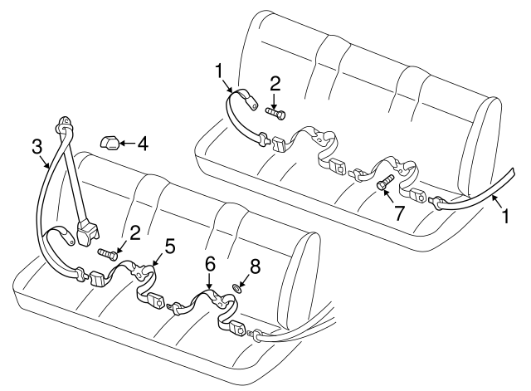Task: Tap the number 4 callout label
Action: [143, 144]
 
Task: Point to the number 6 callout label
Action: [210, 264]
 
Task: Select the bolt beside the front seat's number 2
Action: [106, 252]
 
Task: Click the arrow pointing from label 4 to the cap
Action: [126, 144]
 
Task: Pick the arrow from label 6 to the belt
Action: [211, 283]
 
